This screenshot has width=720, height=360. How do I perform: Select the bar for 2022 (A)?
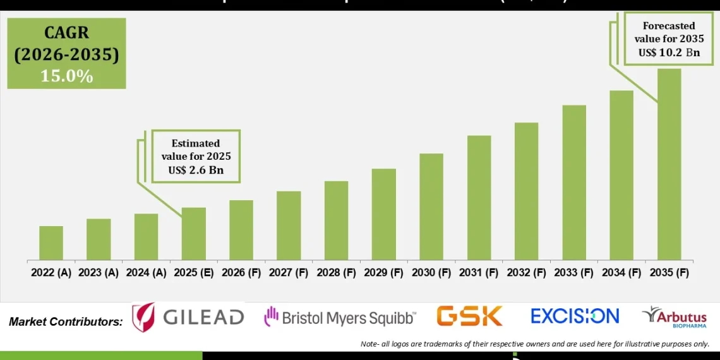[x=51, y=243]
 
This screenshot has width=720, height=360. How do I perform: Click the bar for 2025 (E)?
[x=194, y=234]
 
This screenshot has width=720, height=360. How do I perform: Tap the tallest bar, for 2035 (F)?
[x=669, y=164]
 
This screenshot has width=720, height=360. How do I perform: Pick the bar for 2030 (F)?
[x=431, y=207]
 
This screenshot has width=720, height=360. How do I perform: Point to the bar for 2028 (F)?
[x=336, y=220]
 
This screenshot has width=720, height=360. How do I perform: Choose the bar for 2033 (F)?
[x=574, y=183]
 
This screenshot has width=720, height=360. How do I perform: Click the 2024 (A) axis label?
[x=147, y=273]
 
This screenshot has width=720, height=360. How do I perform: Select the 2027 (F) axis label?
[x=289, y=273]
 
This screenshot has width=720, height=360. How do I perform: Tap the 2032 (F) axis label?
[x=527, y=273]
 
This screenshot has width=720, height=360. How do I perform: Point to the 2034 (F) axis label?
[x=622, y=273]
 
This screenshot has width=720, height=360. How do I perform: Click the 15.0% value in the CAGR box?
[x=66, y=76]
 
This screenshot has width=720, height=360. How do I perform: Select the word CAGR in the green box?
[x=66, y=33]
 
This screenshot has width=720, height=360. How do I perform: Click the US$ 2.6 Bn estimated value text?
[x=196, y=171]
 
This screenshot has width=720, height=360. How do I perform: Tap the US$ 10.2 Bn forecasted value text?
[x=669, y=52]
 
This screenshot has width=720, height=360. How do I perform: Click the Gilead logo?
[x=188, y=317]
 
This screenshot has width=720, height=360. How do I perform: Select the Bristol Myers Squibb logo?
[x=340, y=317]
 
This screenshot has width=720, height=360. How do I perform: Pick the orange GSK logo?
[x=469, y=316]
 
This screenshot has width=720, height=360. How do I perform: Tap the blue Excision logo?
[x=575, y=316]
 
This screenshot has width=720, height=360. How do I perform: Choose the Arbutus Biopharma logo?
[x=674, y=317]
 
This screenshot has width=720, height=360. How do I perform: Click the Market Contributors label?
[x=66, y=321]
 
